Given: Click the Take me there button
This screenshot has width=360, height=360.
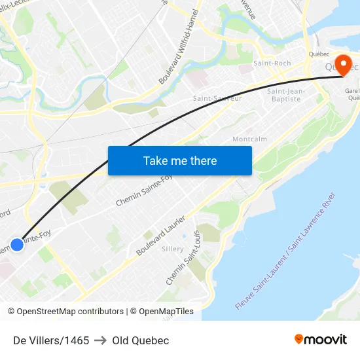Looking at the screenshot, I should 180,160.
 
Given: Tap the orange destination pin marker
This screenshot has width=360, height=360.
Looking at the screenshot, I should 342,64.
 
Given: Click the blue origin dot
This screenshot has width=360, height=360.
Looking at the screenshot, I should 17,245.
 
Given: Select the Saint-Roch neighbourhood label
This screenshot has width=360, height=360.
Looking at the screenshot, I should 272,63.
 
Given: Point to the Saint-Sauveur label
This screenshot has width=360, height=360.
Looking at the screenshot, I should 217,98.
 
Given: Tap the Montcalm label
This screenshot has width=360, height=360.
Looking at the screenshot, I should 249,139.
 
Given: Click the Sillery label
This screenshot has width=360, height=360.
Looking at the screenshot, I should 173,249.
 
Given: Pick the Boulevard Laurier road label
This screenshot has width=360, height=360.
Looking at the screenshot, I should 161,236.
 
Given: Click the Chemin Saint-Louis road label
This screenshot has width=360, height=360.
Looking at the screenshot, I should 183,258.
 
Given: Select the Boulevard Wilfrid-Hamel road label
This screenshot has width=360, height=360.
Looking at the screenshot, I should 178,50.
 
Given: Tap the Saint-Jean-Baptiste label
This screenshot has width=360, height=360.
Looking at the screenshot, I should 285,95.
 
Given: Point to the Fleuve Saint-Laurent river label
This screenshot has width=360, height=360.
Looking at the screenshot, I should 285,251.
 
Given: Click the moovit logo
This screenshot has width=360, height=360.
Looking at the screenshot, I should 320,339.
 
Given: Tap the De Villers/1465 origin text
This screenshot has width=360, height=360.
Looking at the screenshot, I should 51,340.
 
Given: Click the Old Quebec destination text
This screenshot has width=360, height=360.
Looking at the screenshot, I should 140,340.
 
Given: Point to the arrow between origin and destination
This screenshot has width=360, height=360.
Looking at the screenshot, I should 100,340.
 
